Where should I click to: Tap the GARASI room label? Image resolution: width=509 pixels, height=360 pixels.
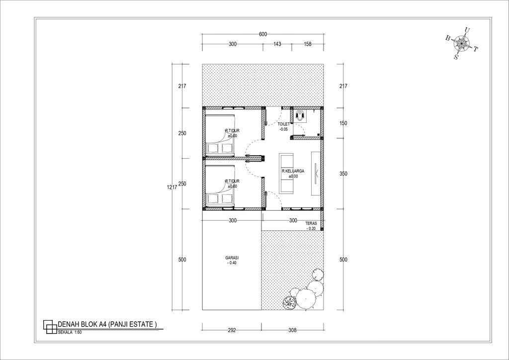click(x=232, y=260)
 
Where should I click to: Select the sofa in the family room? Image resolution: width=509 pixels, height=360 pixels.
click(x=287, y=173)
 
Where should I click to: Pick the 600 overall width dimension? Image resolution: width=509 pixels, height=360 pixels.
click(x=263, y=34)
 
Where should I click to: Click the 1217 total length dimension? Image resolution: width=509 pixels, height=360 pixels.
click(x=171, y=187)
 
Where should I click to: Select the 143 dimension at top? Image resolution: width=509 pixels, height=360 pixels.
click(x=277, y=44)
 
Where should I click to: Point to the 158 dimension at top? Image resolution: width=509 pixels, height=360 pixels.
click(x=307, y=44)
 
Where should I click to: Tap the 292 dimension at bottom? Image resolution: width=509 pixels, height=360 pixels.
click(x=232, y=330)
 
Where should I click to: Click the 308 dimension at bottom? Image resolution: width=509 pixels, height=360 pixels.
click(x=293, y=330)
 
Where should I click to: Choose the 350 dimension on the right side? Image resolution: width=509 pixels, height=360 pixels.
click(x=343, y=174)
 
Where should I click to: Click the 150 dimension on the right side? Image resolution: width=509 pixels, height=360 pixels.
click(x=343, y=123)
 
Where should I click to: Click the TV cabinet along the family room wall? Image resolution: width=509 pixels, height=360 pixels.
click(x=315, y=172)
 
